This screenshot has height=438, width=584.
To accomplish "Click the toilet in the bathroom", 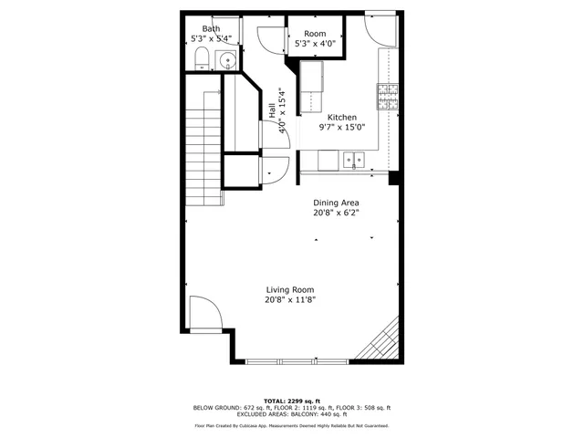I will pyautogui.click(x=203, y=62).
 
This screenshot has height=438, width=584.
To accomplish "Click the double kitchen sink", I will pyautogui.click(x=353, y=161).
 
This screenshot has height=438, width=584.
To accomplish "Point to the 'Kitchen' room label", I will pyautogui.click(x=342, y=118).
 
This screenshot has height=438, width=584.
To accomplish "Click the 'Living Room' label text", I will pyautogui.click(x=290, y=289).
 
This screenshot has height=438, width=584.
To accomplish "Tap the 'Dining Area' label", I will pyautogui.click(x=336, y=203).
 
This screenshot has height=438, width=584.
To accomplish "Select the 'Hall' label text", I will pyautogui.click(x=273, y=110).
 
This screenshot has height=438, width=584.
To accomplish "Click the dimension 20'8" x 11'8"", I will pyautogui.click(x=290, y=299).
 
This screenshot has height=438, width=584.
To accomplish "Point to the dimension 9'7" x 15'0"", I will pyautogui.click(x=341, y=128).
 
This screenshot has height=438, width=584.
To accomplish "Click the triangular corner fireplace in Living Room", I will pyautogui.click(x=384, y=343).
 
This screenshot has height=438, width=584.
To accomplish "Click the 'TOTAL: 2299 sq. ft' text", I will pyautogui.click(x=292, y=401).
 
